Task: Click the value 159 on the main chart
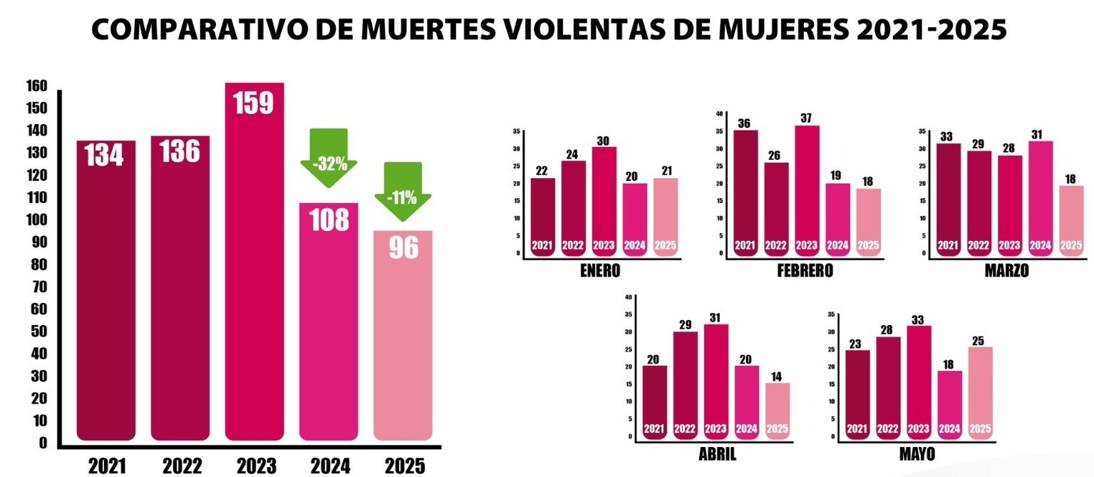point(254,103)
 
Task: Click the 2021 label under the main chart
point(106,466)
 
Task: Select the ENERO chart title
point(600,270)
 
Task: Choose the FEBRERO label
point(804,271)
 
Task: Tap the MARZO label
point(1006,271)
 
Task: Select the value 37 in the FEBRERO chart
point(807,118)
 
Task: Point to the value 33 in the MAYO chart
point(918,317)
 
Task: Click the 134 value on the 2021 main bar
point(105,155)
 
